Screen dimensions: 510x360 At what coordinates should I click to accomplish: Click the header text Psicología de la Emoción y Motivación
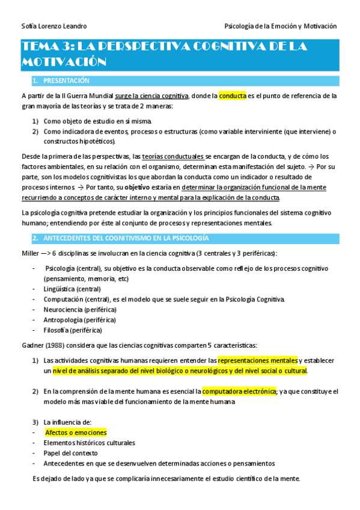click(x=280, y=26)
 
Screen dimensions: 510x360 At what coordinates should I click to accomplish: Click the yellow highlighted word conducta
click(x=233, y=96)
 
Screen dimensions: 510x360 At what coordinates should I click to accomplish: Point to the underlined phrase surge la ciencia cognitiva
click(x=152, y=96)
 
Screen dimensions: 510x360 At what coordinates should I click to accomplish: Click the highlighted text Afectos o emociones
click(x=76, y=432)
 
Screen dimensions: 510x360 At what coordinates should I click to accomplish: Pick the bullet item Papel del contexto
click(x=70, y=453)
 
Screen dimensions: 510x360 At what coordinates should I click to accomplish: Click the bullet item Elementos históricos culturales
click(x=89, y=443)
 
